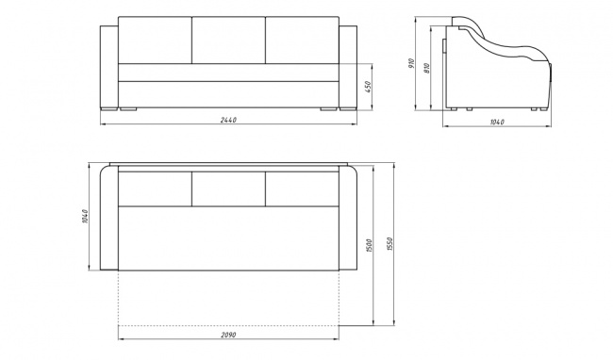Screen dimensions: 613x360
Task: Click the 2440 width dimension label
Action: [228, 120]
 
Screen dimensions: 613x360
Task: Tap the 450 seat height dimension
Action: [368, 87]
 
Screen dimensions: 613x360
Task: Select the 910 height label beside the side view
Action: [411, 63]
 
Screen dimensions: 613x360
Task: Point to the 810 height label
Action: [426, 69]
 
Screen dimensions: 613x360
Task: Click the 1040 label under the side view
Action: [497, 123]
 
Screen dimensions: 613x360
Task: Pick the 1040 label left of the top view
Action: [85, 217]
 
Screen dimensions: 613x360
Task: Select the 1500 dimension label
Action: [370, 245]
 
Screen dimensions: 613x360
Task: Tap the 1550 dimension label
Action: [389, 244]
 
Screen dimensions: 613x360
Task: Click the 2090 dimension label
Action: [228, 335]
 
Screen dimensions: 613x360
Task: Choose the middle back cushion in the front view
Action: [229, 40]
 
